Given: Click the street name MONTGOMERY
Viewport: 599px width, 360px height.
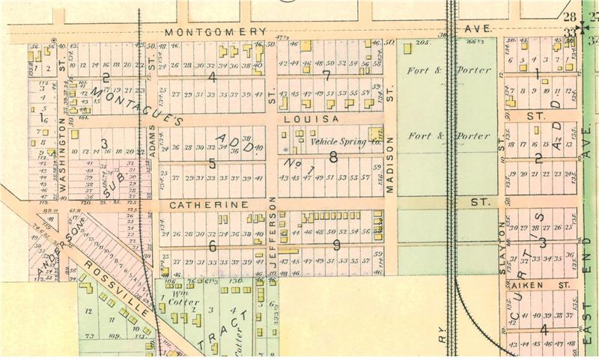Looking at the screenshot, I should click(216, 31).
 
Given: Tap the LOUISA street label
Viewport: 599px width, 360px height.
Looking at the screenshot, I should click(319, 118).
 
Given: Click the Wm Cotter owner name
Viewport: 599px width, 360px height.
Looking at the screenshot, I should click(180, 302).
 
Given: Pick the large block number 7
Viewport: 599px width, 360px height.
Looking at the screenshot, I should click(326, 76).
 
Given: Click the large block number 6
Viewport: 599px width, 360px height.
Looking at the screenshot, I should click(213, 245).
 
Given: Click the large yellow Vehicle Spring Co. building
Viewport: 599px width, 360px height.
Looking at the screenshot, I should click(374, 134).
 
